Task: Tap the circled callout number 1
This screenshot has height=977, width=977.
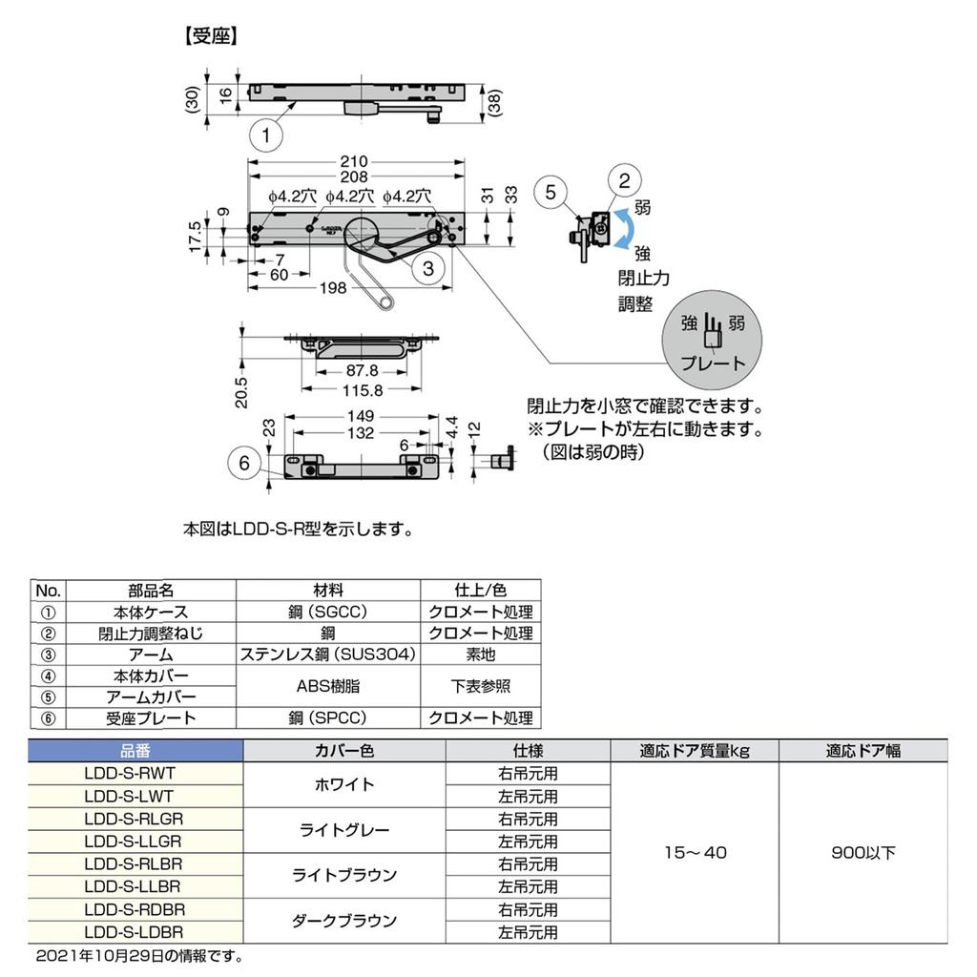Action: coord(266,136)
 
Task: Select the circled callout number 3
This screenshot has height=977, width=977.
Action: coord(428,269)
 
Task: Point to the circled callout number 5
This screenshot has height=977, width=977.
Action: coord(551,192)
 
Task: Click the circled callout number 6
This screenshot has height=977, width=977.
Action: coord(245,463)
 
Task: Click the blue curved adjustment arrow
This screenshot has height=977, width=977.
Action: coord(625,230)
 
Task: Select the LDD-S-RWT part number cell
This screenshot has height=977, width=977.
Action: coord(135,773)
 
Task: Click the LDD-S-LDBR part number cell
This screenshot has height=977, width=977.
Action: coord(135,932)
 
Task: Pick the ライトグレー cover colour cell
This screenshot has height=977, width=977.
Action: coord(344,830)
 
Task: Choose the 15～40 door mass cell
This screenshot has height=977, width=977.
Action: coord(695,852)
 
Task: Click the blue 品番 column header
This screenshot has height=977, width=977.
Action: coord(135,751)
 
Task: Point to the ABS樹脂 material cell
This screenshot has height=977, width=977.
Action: coord(328,686)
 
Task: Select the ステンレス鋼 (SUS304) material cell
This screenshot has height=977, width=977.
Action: coord(328,655)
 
